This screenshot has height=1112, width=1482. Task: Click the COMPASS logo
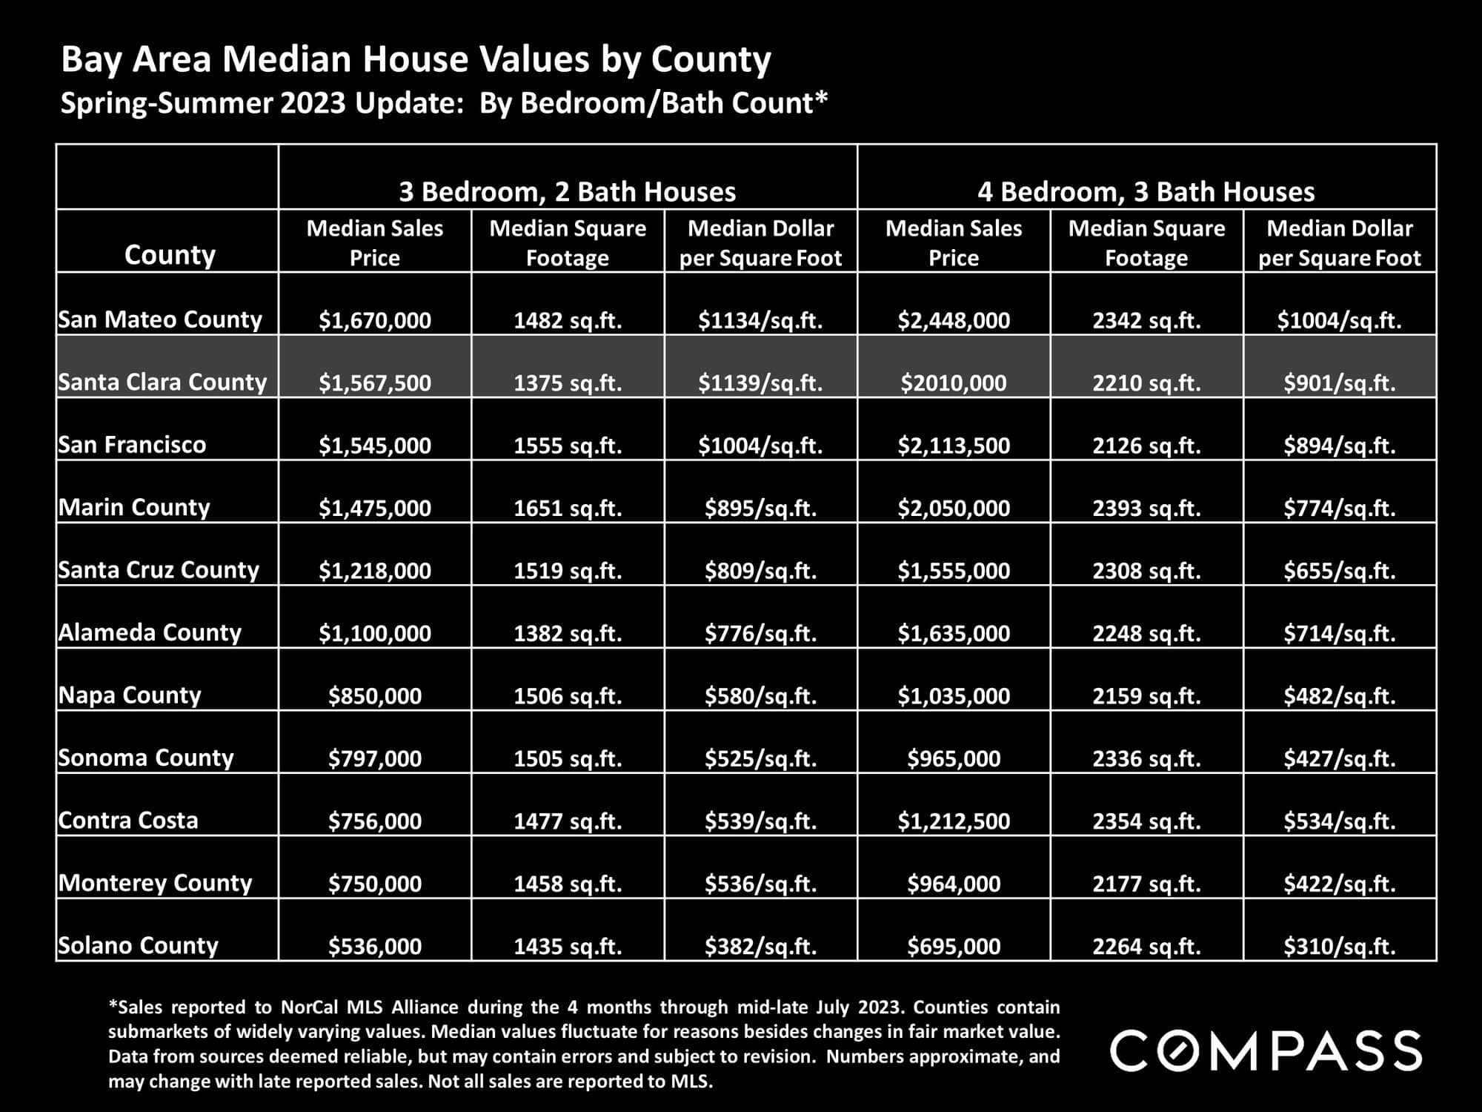tap(1266, 1050)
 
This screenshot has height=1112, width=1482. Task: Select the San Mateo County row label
tap(160, 320)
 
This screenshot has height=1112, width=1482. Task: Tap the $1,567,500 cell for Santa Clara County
tap(375, 383)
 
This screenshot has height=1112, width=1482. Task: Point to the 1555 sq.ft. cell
tap(568, 445)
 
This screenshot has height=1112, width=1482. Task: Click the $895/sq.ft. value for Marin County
tap(760, 508)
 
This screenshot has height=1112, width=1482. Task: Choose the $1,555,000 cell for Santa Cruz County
tap(954, 570)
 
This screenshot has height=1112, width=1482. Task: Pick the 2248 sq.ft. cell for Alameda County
tap(1146, 633)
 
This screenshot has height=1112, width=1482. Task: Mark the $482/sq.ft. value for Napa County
tap(1340, 695)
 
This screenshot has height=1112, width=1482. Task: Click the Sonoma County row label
tap(146, 758)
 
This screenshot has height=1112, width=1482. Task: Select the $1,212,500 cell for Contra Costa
tap(954, 821)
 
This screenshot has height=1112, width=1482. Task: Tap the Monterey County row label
tap(156, 883)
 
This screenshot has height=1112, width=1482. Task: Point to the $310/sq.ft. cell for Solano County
tap(1340, 946)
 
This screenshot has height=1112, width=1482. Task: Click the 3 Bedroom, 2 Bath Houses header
tap(568, 192)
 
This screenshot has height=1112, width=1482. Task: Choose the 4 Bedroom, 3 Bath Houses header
tap(1146, 192)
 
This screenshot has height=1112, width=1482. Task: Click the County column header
tap(170, 255)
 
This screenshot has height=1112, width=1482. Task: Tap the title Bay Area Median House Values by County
tap(416, 59)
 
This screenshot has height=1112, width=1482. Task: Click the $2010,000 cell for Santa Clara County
tap(954, 383)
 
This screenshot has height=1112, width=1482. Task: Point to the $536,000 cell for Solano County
tap(375, 946)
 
